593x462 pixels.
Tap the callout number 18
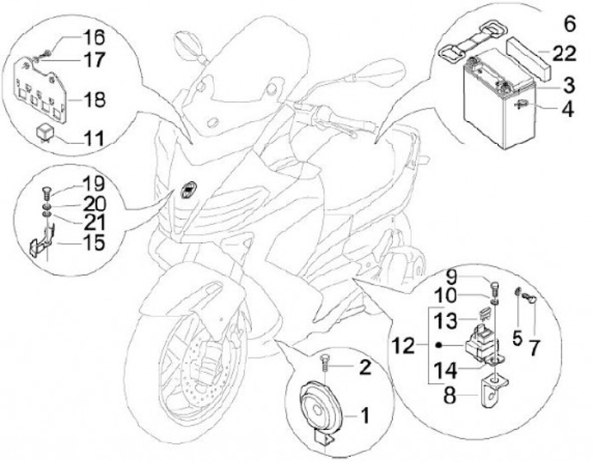point(94,100)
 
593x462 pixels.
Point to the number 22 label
point(564,55)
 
